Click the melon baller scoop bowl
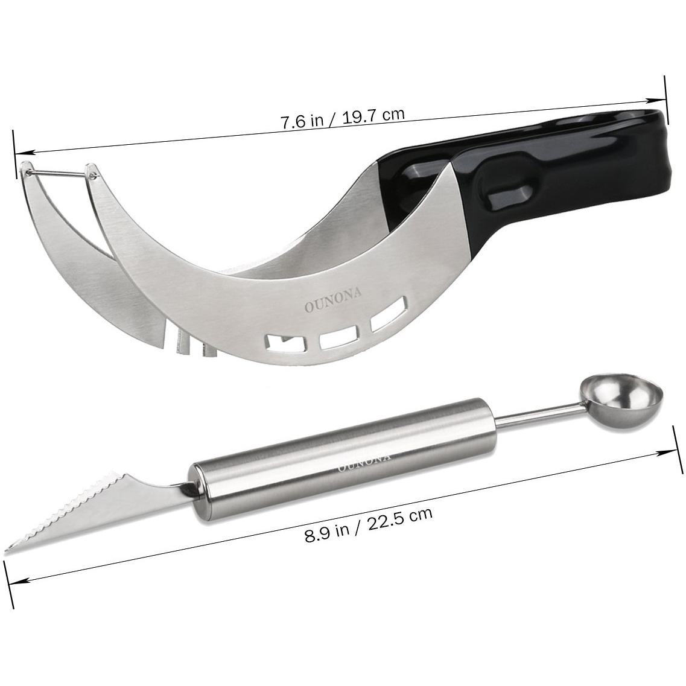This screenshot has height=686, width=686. (621, 399)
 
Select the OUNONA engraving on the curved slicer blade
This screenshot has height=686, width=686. (334, 300)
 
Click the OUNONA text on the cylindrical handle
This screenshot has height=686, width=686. (364, 462)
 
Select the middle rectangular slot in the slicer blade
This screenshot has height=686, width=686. (339, 338)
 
